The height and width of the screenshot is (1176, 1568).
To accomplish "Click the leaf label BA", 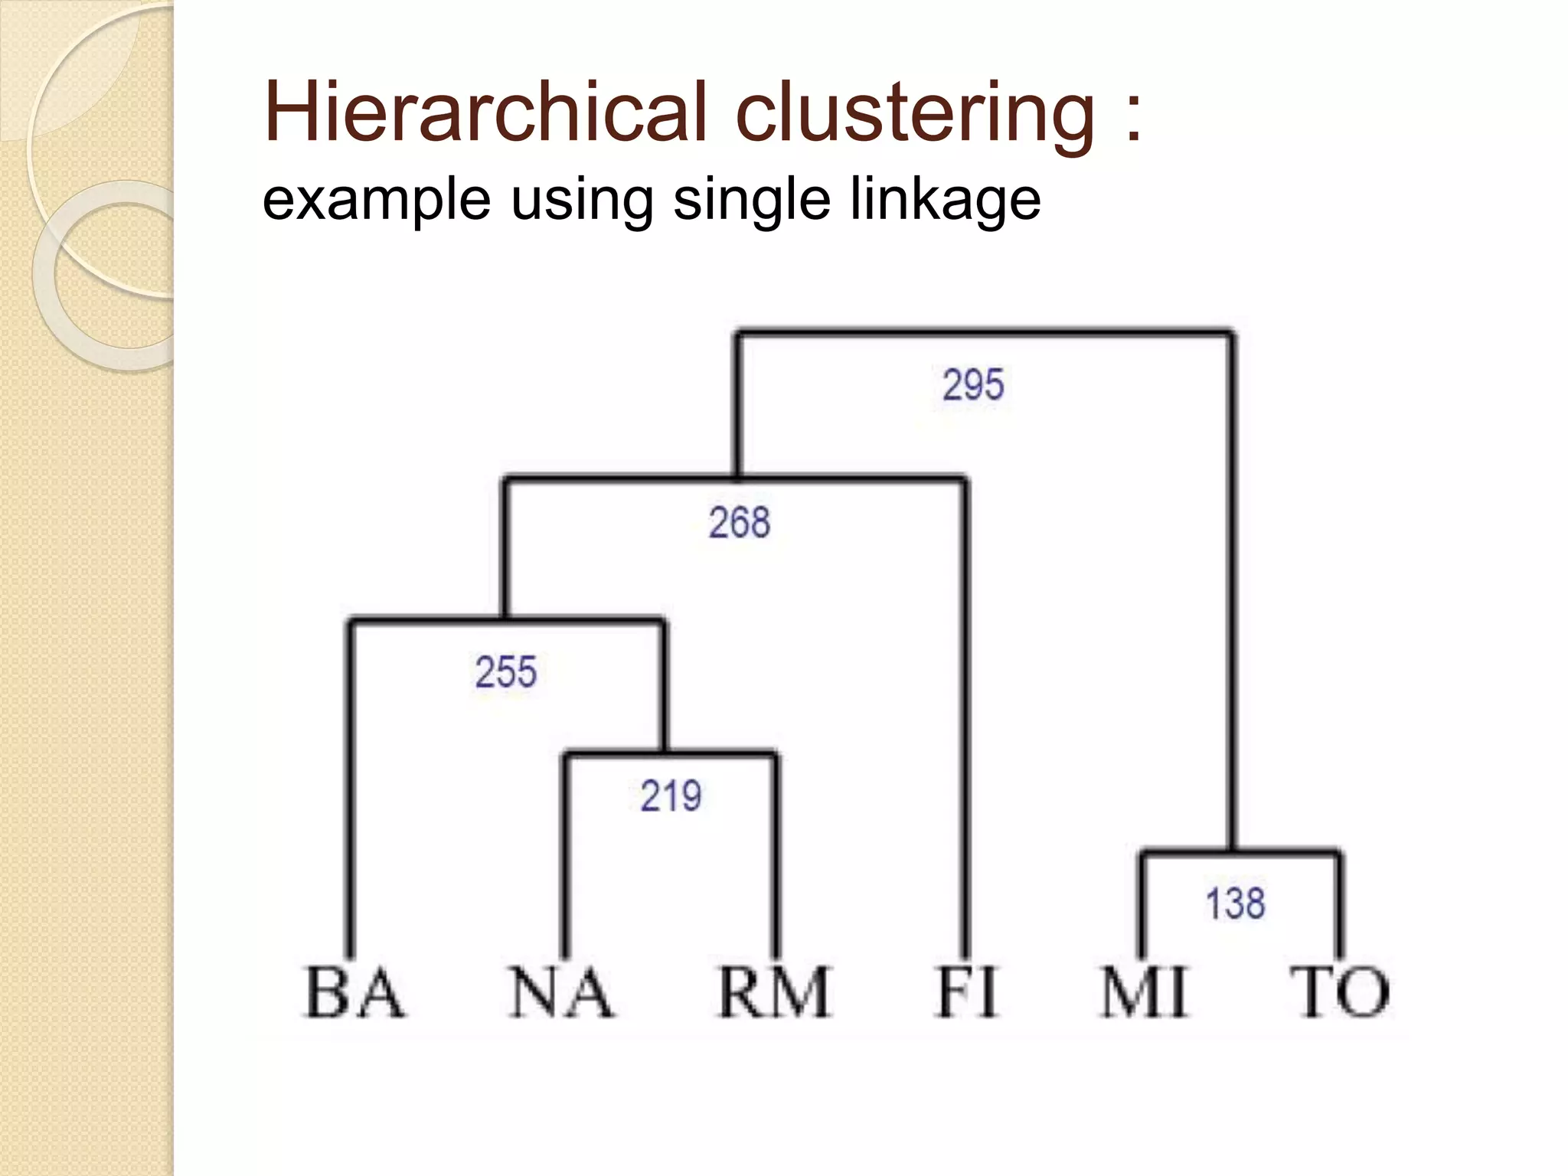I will pyautogui.click(x=354, y=992).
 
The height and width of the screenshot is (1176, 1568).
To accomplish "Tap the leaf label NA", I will pyautogui.click(x=561, y=992).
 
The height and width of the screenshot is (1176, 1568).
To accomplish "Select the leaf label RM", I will pyautogui.click(x=774, y=992).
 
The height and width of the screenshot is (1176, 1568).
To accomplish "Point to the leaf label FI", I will pyautogui.click(x=966, y=992).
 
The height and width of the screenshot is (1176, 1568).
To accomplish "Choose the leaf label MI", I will pyautogui.click(x=1143, y=992).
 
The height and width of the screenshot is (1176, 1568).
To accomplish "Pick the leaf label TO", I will pyautogui.click(x=1340, y=992).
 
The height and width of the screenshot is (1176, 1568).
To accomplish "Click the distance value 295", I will pyautogui.click(x=973, y=384).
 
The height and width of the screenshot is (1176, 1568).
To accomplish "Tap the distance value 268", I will pyautogui.click(x=739, y=523).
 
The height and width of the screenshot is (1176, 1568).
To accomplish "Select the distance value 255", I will pyautogui.click(x=506, y=672).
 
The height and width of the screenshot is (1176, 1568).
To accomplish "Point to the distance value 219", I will pyautogui.click(x=671, y=795).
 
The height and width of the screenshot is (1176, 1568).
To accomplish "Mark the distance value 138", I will pyautogui.click(x=1235, y=903).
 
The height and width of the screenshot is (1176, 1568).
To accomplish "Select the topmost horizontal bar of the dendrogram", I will pyautogui.click(x=984, y=333).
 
